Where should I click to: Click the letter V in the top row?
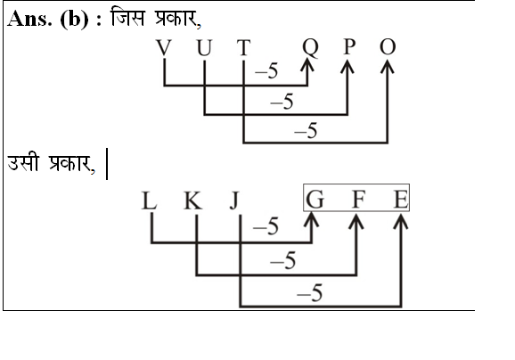click(x=164, y=48)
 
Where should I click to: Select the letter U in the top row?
click(x=204, y=48)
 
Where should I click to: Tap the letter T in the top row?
click(x=244, y=47)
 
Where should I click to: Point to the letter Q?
click(x=310, y=48)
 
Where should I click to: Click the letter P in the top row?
click(x=349, y=47)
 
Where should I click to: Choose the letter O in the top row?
click(x=388, y=47)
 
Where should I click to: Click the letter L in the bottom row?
click(x=149, y=200)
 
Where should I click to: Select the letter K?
click(x=192, y=200)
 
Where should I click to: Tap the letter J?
click(x=234, y=201)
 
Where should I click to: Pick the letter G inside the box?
click(x=315, y=200)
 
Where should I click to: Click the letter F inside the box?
click(x=358, y=200)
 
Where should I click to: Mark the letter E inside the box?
click(x=401, y=200)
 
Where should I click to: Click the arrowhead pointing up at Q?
click(x=307, y=66)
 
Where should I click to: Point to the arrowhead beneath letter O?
click(x=388, y=67)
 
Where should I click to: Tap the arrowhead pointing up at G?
click(x=311, y=219)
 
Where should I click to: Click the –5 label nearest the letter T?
click(x=266, y=71)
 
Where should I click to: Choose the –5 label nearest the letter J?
click(x=266, y=226)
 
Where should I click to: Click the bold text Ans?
click(x=29, y=19)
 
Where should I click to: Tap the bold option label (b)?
click(x=75, y=20)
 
